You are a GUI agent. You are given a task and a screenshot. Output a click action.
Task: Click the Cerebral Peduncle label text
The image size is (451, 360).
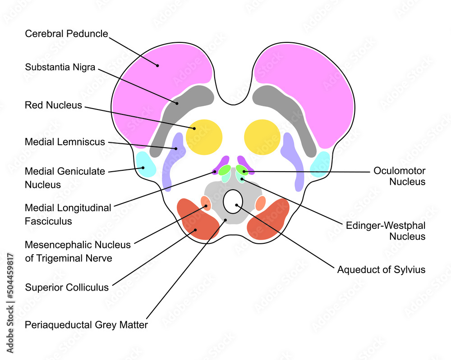[x=66, y=34]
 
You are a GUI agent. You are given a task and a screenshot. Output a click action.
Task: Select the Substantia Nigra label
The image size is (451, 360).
[x=60, y=68]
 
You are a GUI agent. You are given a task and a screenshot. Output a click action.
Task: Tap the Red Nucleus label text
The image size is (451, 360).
[x=53, y=105]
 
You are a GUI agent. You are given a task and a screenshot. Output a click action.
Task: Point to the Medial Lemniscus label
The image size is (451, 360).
[x=64, y=142]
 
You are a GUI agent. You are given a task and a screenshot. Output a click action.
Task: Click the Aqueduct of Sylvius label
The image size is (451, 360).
[x=381, y=270]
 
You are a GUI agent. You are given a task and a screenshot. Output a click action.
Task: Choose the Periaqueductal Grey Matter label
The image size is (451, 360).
[x=86, y=324]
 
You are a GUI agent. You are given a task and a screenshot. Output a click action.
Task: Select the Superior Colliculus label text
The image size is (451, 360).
[x=67, y=287]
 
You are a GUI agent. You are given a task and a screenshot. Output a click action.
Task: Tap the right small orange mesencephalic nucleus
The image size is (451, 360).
[x=260, y=204]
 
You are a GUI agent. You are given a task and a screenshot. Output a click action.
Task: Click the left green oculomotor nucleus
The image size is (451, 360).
[x=225, y=170]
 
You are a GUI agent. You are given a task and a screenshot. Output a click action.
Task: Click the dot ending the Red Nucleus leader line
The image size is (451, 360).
[x=195, y=128]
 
